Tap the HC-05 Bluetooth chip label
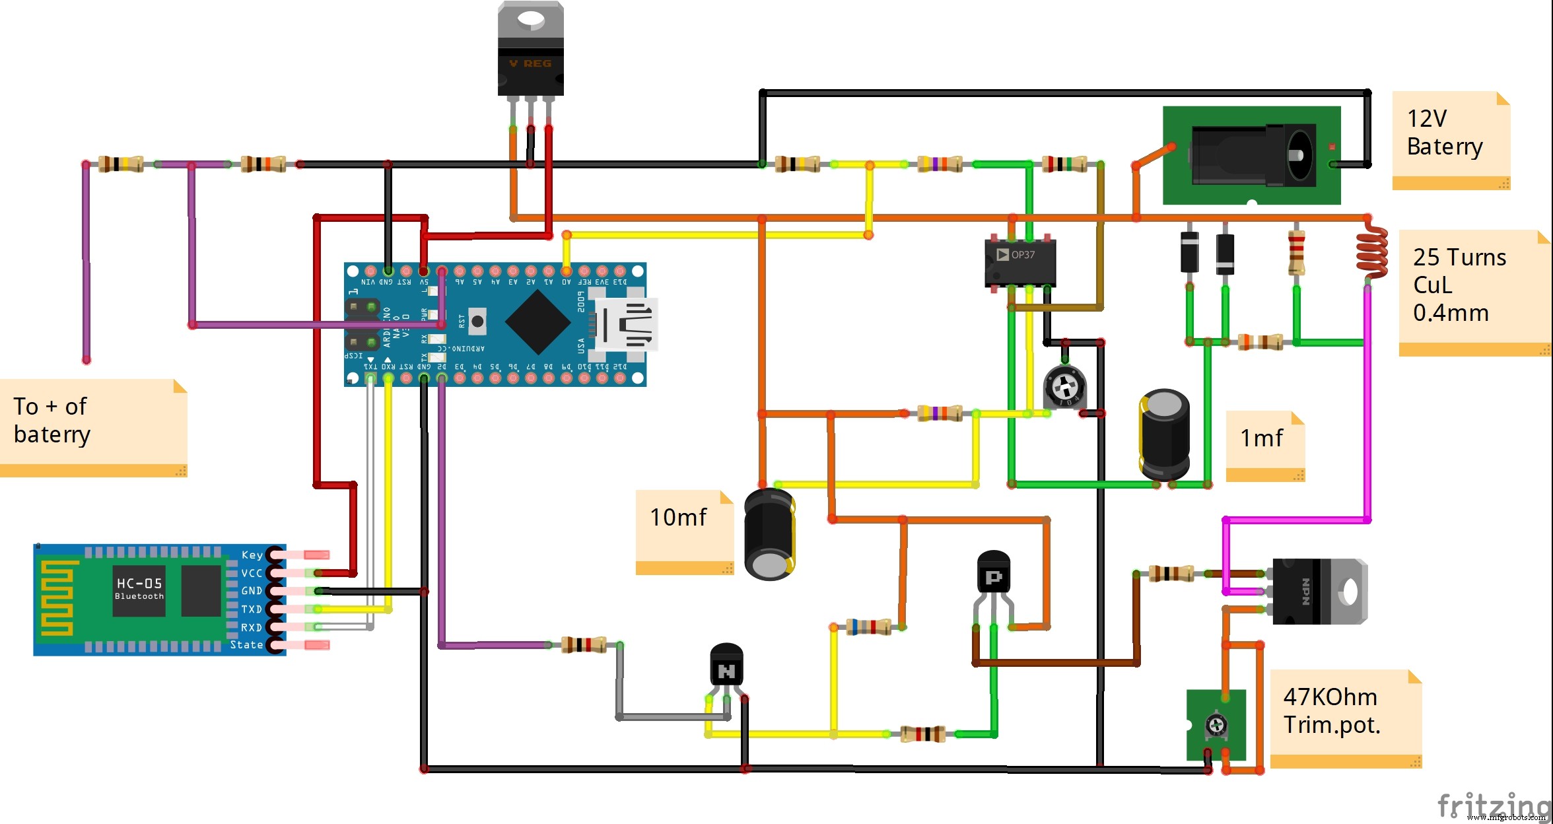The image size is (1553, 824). point(139,588)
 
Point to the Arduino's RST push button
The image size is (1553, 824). point(477,322)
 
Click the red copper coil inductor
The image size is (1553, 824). point(1371,251)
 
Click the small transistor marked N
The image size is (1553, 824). point(726,667)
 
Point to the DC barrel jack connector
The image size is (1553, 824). point(1251,156)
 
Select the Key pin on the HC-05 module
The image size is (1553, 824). point(252,555)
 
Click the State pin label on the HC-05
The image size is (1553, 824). point(246,644)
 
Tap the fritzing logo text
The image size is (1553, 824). point(1492,806)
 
